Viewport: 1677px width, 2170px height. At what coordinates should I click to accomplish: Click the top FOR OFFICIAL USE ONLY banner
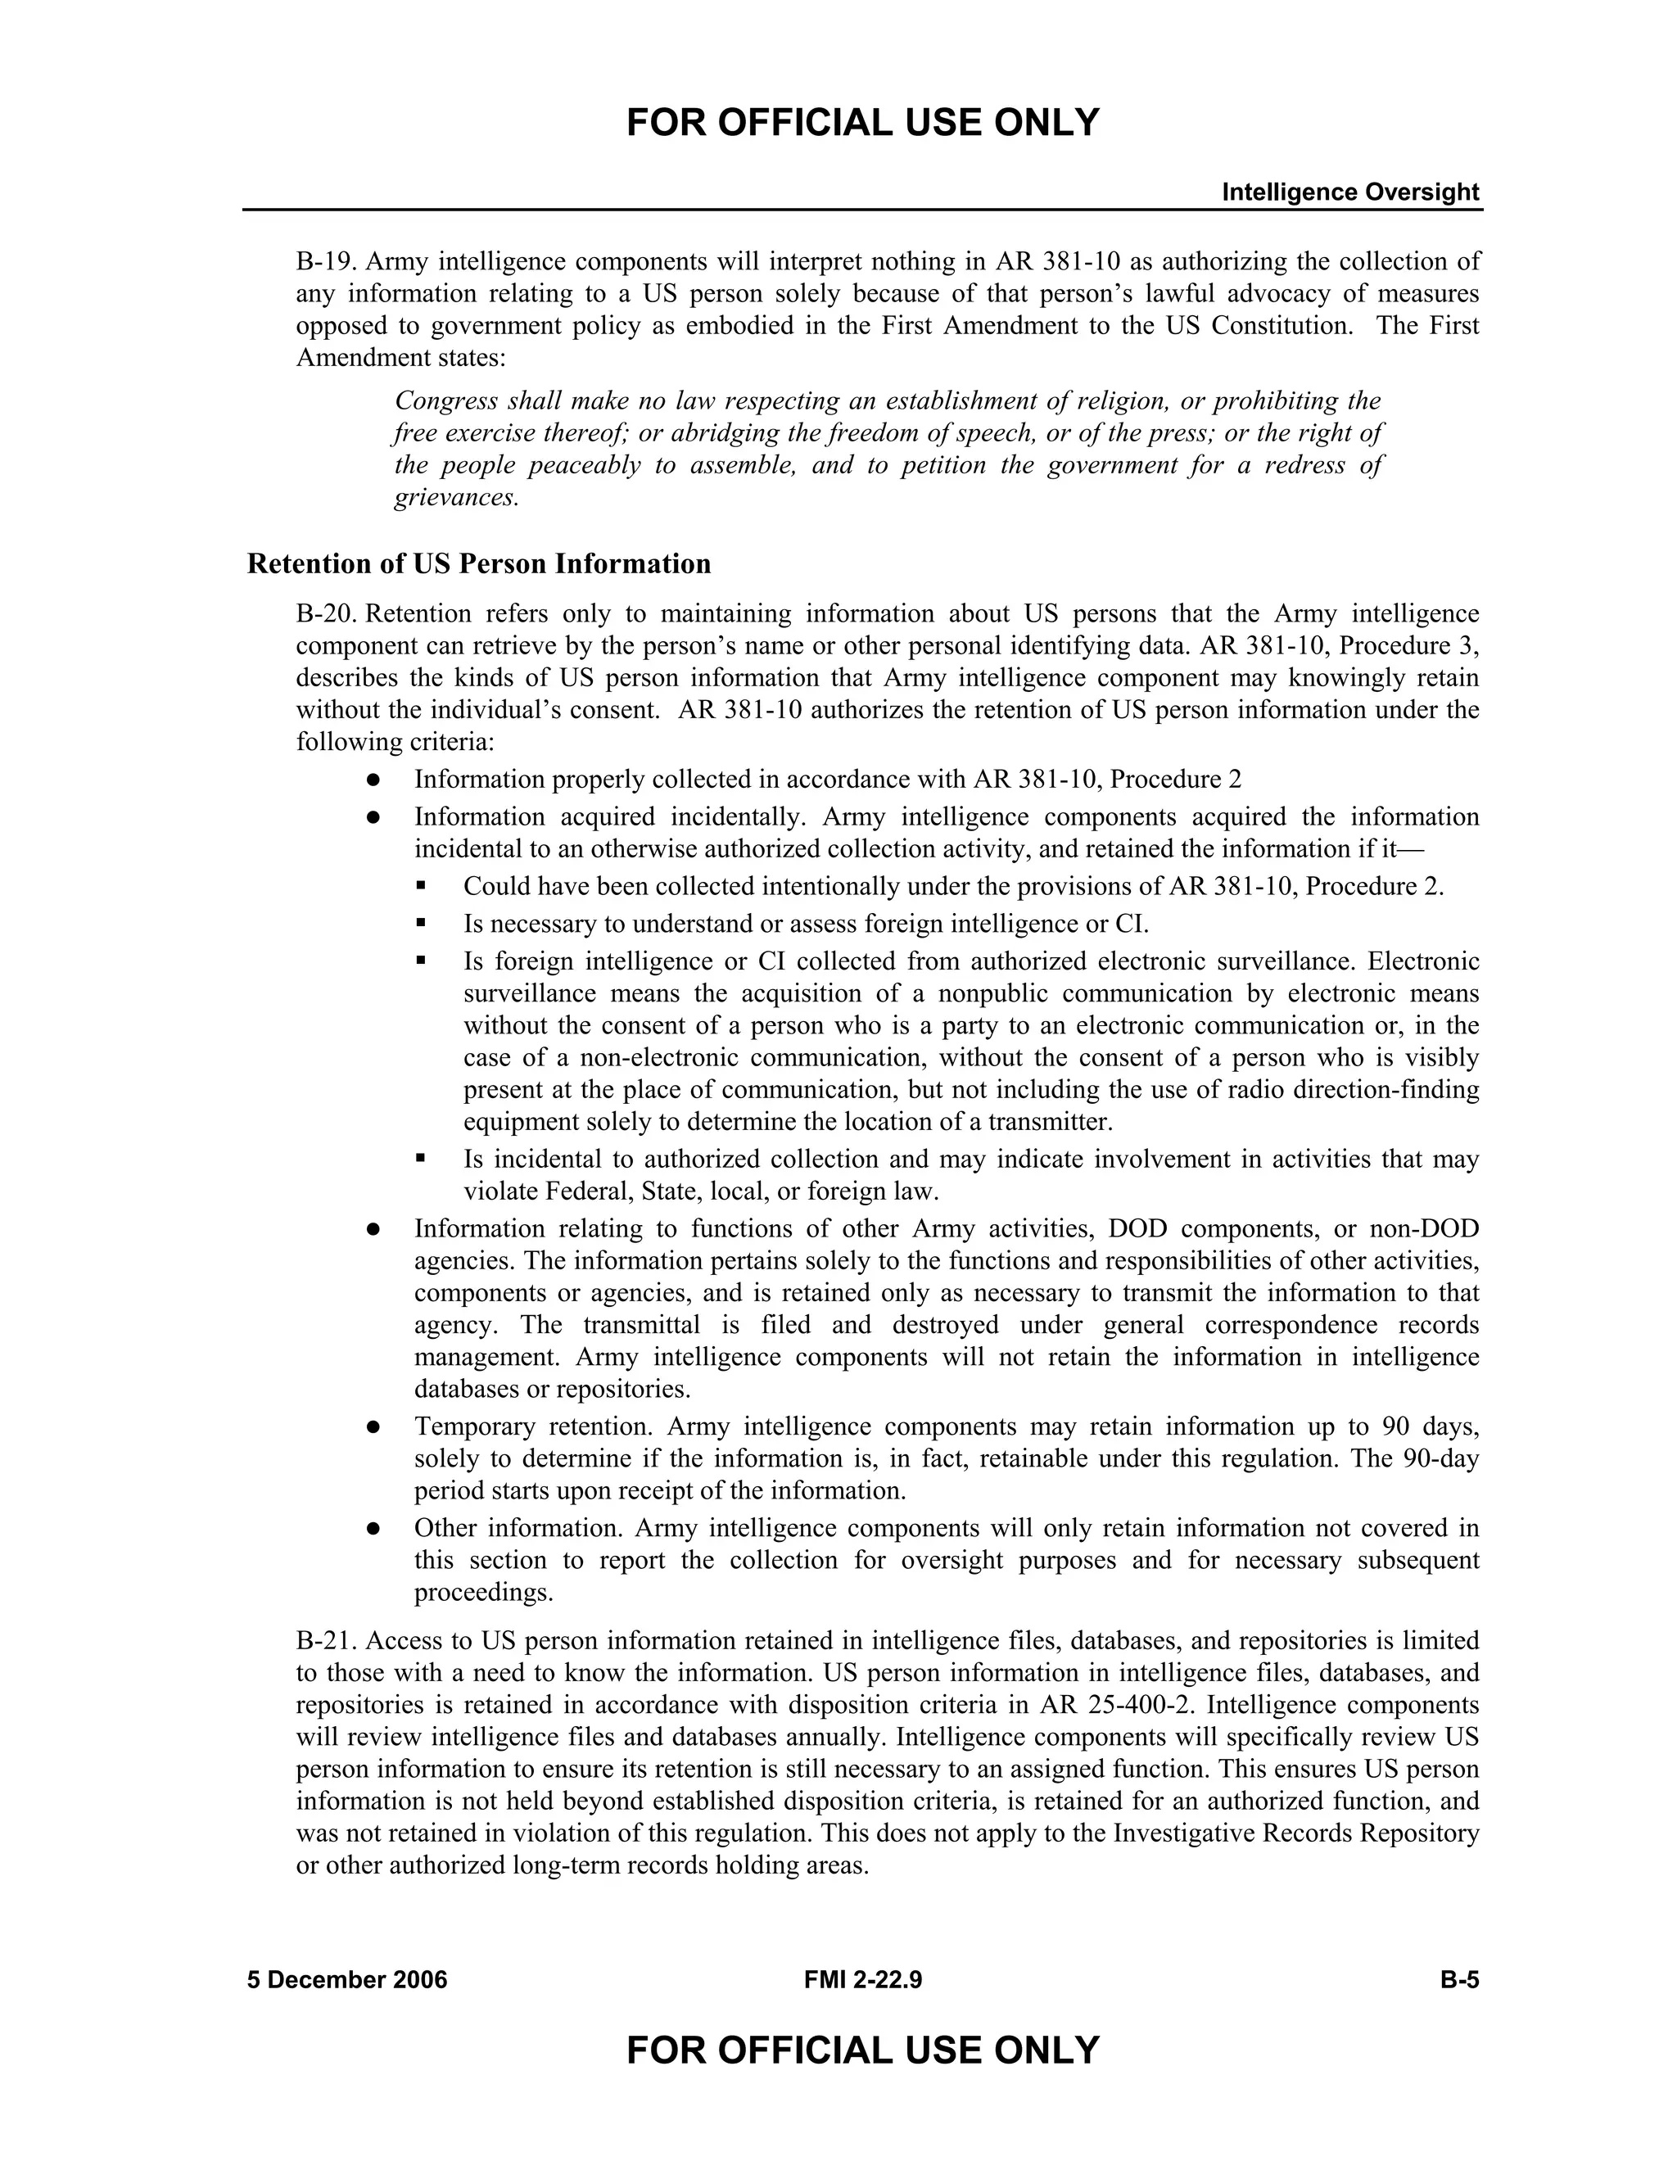(x=862, y=123)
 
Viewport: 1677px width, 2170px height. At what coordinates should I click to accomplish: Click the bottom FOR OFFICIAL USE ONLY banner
(x=862, y=2050)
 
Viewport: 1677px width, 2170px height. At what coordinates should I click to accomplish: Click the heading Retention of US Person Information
(x=479, y=563)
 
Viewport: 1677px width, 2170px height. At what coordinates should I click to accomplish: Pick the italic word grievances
(x=456, y=498)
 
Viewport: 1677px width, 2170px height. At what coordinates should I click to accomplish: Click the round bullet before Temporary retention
(x=373, y=1428)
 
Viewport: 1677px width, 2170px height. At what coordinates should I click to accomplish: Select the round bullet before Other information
(x=373, y=1529)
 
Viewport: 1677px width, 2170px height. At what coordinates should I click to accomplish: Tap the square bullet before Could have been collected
(x=421, y=884)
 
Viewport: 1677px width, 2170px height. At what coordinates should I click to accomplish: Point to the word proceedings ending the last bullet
(x=483, y=1593)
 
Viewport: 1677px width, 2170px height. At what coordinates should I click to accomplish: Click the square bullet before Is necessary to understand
(x=421, y=923)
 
